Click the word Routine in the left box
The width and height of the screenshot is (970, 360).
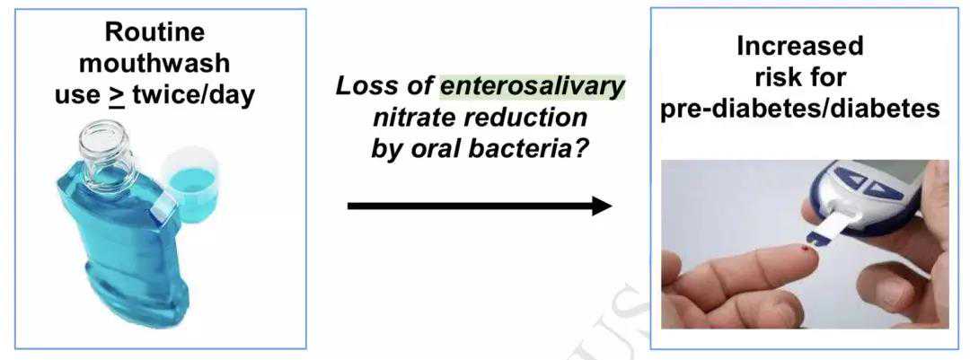tap(154, 32)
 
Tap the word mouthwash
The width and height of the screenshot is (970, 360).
tap(154, 64)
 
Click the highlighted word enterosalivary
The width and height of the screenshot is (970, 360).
tap(532, 86)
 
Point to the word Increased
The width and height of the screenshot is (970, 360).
tap(799, 47)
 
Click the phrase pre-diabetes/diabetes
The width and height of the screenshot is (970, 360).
tap(799, 109)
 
